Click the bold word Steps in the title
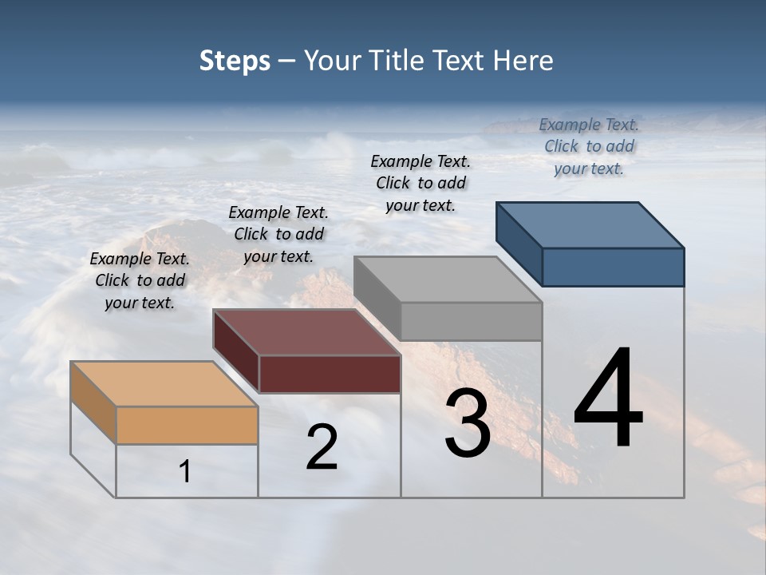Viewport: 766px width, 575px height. (x=235, y=61)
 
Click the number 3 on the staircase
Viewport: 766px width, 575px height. (x=467, y=425)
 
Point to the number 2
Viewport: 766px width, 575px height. (x=322, y=447)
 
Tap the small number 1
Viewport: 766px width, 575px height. (x=185, y=472)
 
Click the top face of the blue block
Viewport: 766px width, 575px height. (x=590, y=225)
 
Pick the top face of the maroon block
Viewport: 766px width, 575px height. (x=306, y=332)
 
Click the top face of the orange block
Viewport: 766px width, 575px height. (x=164, y=384)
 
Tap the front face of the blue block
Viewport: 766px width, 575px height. (x=613, y=267)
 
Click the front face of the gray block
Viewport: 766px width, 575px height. (x=471, y=321)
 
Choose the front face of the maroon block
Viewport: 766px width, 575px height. (x=330, y=374)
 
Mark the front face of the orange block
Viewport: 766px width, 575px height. (x=187, y=425)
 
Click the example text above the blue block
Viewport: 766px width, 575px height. (x=589, y=146)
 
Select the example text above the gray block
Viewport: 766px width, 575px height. (x=421, y=183)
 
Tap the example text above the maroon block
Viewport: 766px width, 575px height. (x=278, y=234)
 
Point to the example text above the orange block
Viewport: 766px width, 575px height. (x=140, y=280)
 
